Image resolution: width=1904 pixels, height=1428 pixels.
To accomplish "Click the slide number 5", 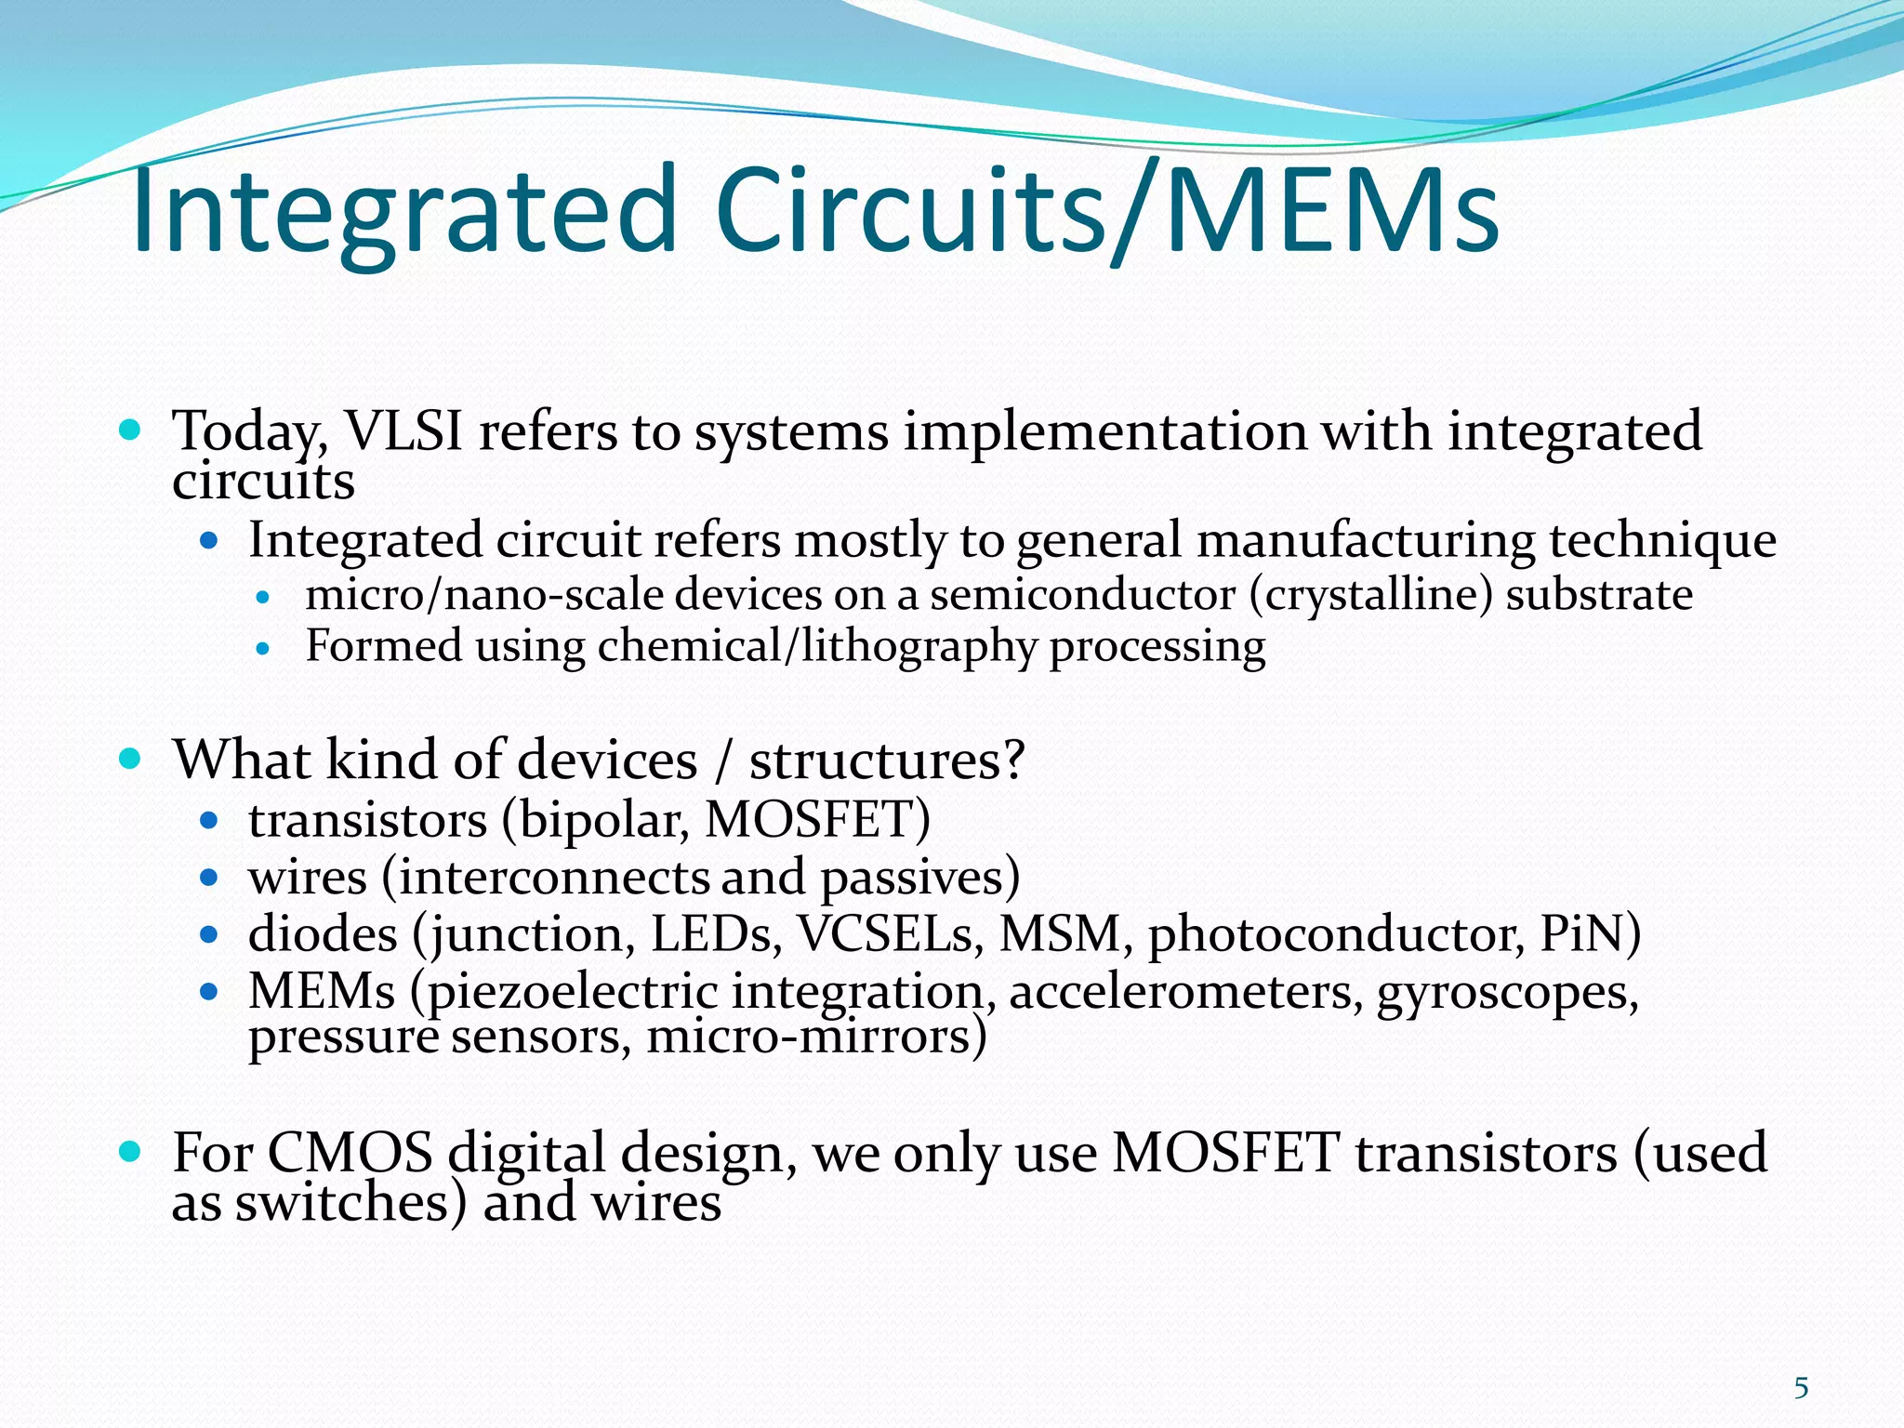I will (x=1801, y=1388).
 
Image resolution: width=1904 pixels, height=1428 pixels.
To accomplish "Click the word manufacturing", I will (x=1364, y=541).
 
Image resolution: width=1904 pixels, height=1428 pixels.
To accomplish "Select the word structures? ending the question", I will (x=887, y=760).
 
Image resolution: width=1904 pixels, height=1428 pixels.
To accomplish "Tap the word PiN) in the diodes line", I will (x=1591, y=934).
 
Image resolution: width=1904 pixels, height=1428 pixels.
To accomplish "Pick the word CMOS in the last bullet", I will (x=350, y=1153).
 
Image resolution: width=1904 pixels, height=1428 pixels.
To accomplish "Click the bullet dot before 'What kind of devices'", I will (x=130, y=759).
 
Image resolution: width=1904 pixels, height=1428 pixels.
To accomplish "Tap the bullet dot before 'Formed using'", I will (x=263, y=648).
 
